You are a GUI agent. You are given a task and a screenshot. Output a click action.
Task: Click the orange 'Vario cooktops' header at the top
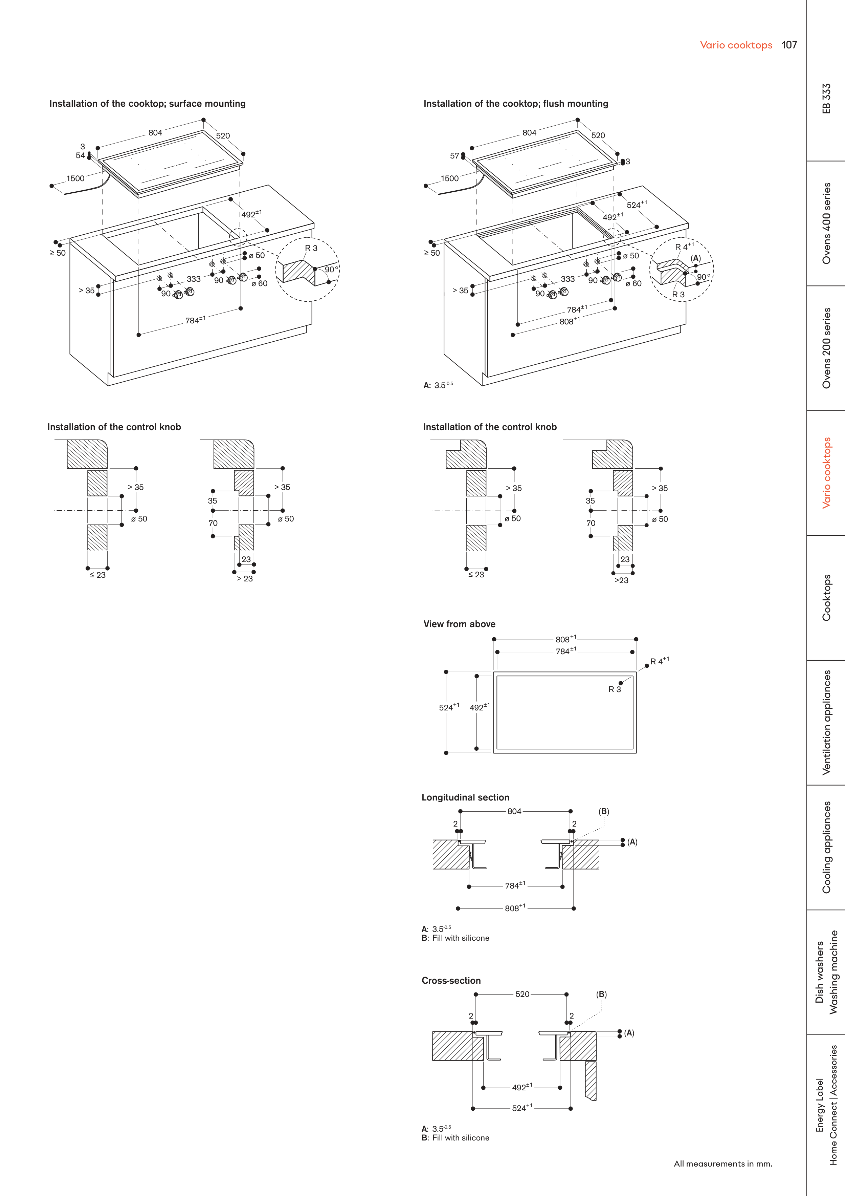(x=736, y=45)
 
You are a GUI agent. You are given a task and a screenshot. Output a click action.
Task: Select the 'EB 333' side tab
(x=826, y=99)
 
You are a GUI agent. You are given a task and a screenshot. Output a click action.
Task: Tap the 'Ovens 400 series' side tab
(x=826, y=223)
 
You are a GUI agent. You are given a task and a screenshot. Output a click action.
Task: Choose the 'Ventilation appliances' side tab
(x=826, y=723)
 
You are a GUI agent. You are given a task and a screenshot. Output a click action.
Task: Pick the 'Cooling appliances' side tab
(x=826, y=847)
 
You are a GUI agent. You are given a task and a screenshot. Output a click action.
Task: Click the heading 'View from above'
(x=459, y=624)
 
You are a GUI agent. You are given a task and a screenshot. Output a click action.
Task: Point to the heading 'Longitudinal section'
(x=465, y=797)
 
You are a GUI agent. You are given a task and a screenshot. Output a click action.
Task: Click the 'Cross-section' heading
(x=451, y=980)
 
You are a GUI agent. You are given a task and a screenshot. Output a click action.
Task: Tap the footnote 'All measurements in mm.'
(x=722, y=1164)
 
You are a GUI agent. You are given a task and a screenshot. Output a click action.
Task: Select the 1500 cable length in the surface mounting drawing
(x=75, y=179)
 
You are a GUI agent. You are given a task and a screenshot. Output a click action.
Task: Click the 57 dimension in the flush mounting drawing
(x=454, y=156)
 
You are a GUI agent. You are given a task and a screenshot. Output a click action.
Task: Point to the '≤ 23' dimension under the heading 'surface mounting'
(x=97, y=575)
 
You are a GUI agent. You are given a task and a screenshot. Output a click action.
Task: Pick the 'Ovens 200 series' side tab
(x=826, y=348)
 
